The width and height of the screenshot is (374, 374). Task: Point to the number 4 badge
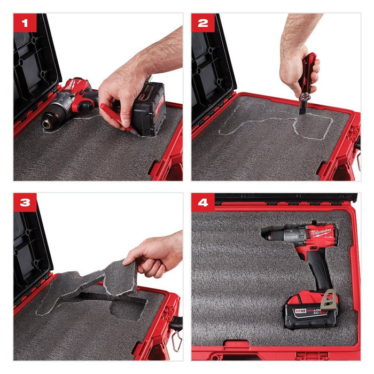(x=203, y=203)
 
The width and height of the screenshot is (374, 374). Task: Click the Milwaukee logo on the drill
(x=320, y=231)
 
